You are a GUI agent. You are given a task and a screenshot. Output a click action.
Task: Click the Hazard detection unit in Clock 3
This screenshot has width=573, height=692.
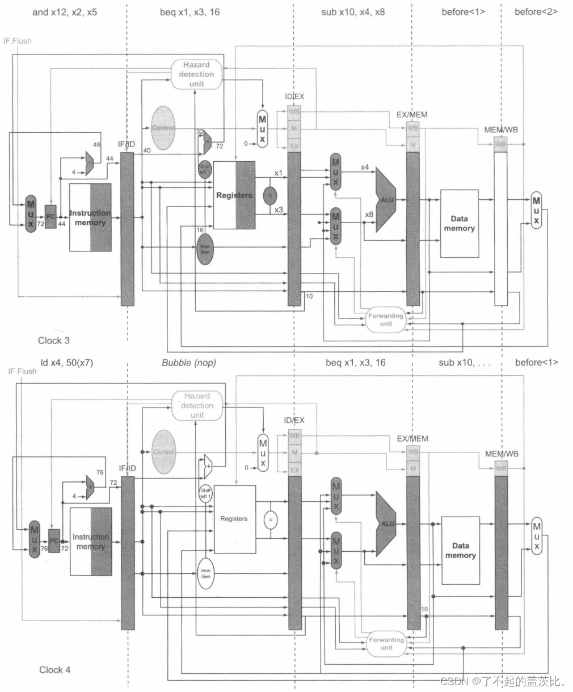pos(196,74)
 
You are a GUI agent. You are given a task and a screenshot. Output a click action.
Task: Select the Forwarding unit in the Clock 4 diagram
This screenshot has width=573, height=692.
pos(386,643)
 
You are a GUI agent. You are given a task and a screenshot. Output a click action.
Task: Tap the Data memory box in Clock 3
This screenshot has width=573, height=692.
pos(459,223)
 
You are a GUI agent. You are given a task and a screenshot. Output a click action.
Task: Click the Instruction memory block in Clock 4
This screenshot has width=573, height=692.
pos(91,542)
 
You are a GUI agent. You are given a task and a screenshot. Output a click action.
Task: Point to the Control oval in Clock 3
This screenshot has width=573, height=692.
pos(163,128)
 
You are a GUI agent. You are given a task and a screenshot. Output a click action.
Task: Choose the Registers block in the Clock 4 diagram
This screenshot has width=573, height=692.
pos(234,519)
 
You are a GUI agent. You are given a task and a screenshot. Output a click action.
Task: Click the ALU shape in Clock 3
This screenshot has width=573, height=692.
pos(388,200)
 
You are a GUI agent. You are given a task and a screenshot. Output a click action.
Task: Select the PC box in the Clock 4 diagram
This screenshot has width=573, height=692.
pos(54,540)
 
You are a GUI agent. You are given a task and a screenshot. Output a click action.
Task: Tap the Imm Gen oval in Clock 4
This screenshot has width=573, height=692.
pos(205,573)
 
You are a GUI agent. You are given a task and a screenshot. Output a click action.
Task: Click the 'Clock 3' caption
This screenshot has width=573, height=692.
pos(54,341)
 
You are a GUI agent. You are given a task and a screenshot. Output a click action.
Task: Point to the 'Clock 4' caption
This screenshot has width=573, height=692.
pos(54,670)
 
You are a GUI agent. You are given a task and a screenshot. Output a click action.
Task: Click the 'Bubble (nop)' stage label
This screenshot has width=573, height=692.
pos(189,363)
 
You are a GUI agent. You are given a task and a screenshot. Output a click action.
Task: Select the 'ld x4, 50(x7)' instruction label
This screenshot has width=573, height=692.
pos(66,363)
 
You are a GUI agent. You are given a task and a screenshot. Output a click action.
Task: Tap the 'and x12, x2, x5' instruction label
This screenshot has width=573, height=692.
pos(65,12)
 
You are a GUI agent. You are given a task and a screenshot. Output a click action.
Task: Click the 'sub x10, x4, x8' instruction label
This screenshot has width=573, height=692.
pos(353,12)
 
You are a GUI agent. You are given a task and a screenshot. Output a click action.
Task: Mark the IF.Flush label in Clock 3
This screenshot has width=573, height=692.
pos(18,41)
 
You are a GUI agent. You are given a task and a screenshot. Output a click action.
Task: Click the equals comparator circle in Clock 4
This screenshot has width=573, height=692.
pos(270,519)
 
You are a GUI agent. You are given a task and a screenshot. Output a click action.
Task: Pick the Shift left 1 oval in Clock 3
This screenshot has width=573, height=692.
pos(205,169)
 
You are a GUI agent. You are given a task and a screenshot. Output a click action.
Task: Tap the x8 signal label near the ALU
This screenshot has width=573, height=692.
pos(369,215)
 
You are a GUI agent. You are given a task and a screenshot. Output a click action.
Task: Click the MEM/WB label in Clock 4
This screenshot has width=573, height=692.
pos(502,454)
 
